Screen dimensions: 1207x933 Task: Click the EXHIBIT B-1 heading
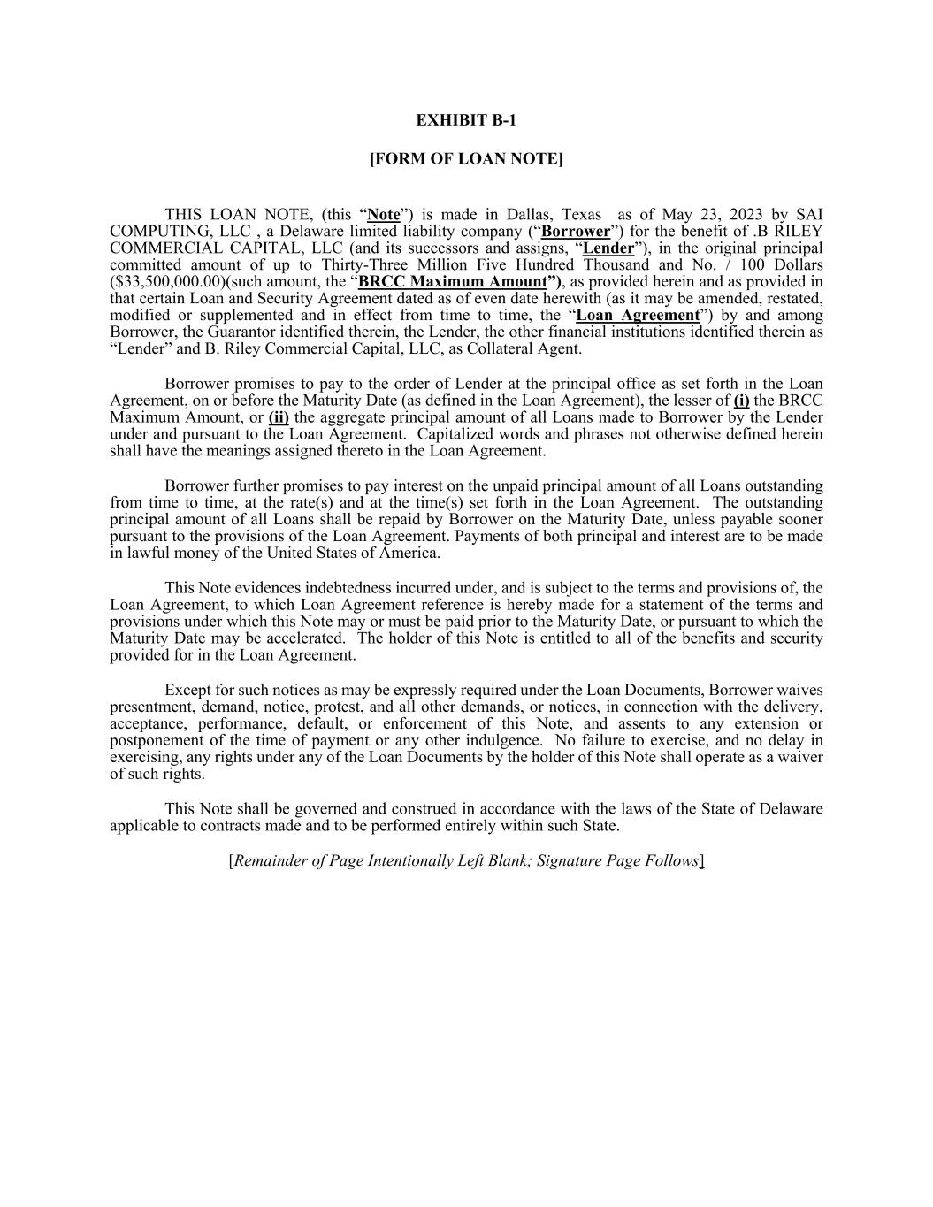(x=466, y=120)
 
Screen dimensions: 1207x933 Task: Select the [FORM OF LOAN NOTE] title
(x=466, y=159)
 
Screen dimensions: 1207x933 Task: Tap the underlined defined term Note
(x=383, y=215)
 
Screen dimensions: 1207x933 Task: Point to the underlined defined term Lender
(x=608, y=248)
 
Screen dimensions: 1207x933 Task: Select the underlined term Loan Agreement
(x=638, y=316)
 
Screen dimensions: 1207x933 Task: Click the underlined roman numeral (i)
(x=741, y=401)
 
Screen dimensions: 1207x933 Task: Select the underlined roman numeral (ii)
(x=279, y=417)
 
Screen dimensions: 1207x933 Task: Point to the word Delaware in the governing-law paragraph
(x=787, y=809)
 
